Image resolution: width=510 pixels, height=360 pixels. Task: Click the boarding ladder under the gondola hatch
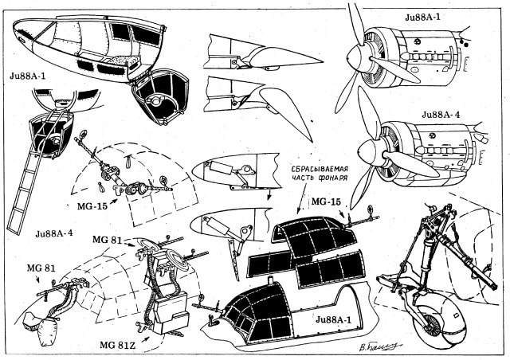(24, 187)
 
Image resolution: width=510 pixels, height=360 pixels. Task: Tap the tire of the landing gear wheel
(431, 319)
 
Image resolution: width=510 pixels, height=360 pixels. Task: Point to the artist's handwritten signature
(376, 345)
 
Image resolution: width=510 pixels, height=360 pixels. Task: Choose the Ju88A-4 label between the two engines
(453, 114)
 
